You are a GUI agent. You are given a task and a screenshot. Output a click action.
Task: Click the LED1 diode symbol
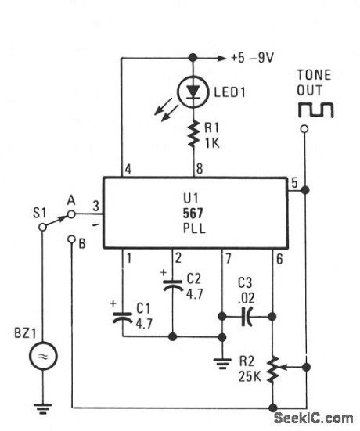coord(191,92)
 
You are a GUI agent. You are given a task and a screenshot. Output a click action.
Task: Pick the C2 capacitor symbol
coord(174,286)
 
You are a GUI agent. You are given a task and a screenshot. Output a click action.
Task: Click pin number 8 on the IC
coord(199,168)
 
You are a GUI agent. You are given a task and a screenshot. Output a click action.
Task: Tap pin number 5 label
coord(294,183)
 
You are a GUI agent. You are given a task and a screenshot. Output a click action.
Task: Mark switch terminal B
coord(81,242)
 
